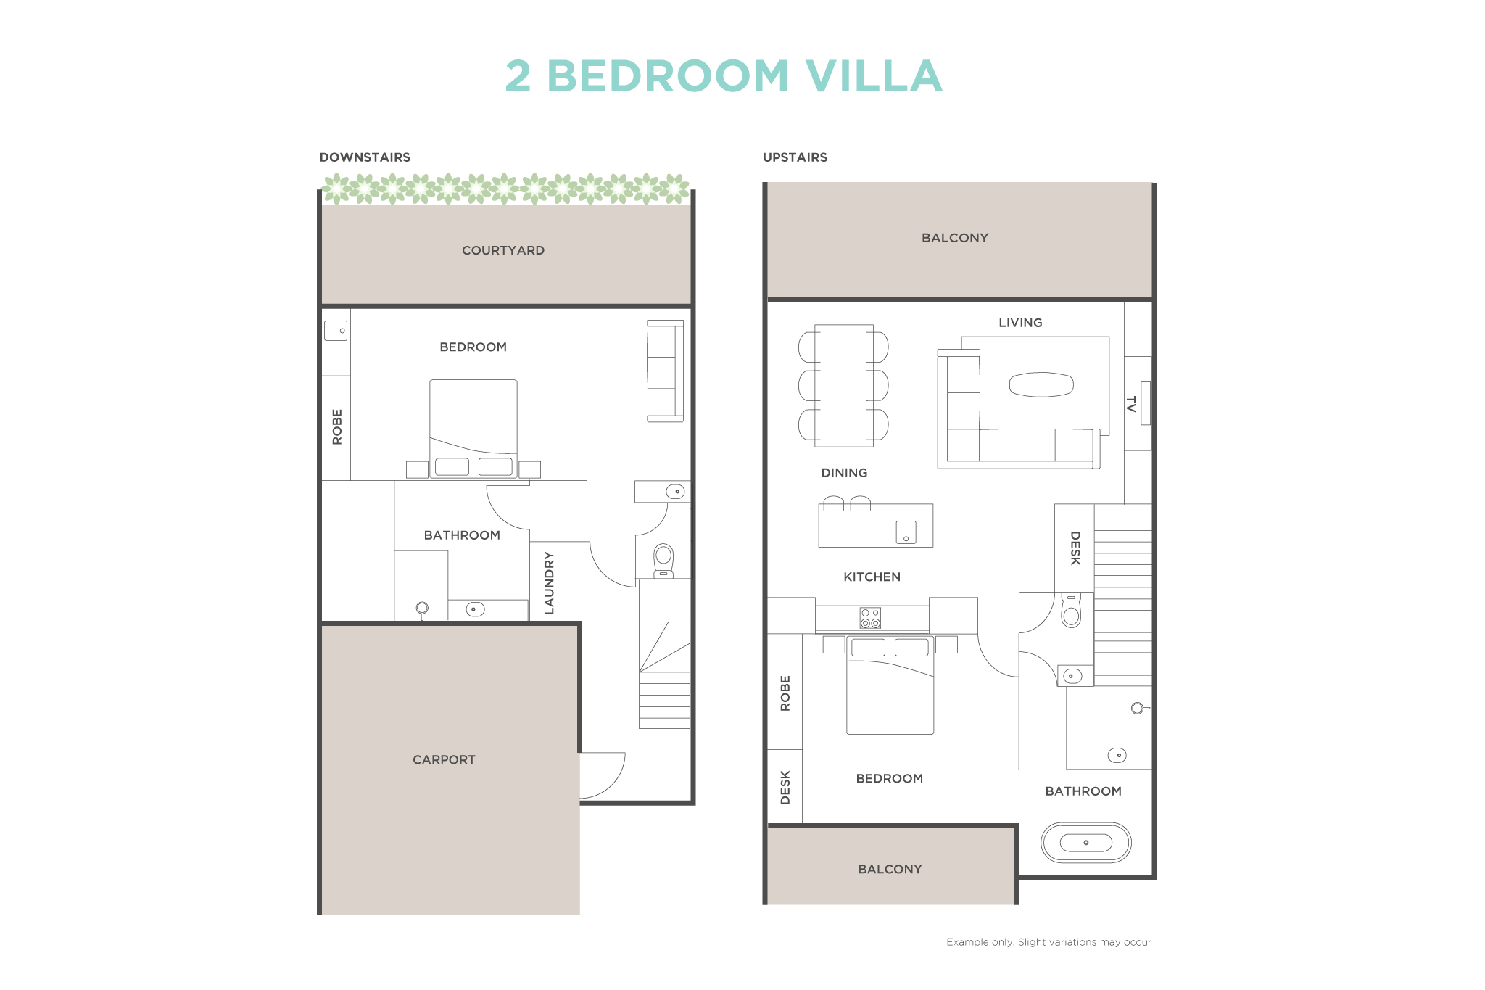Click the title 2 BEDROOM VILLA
pyautogui.click(x=724, y=76)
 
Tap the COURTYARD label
pyautogui.click(x=503, y=250)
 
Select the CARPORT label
pyautogui.click(x=444, y=759)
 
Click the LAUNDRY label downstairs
pyautogui.click(x=549, y=582)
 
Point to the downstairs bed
pyautogui.click(x=473, y=429)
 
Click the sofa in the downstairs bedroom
pyautogui.click(x=665, y=371)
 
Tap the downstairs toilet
pyautogui.click(x=663, y=561)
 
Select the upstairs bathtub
pyautogui.click(x=1085, y=842)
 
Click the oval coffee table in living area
pyautogui.click(x=1041, y=384)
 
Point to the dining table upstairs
pyautogui.click(x=843, y=385)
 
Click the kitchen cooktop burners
pyautogui.click(x=870, y=618)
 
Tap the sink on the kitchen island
pyautogui.click(x=906, y=532)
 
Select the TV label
pyautogui.click(x=1130, y=404)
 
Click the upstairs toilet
pyautogui.click(x=1071, y=610)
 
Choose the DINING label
pyautogui.click(x=844, y=473)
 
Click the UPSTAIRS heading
pyautogui.click(x=795, y=157)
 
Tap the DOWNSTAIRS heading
pyautogui.click(x=365, y=157)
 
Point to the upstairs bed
pyautogui.click(x=890, y=685)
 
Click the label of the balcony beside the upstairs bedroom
pyautogui.click(x=890, y=869)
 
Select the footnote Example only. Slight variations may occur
pyautogui.click(x=1048, y=942)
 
